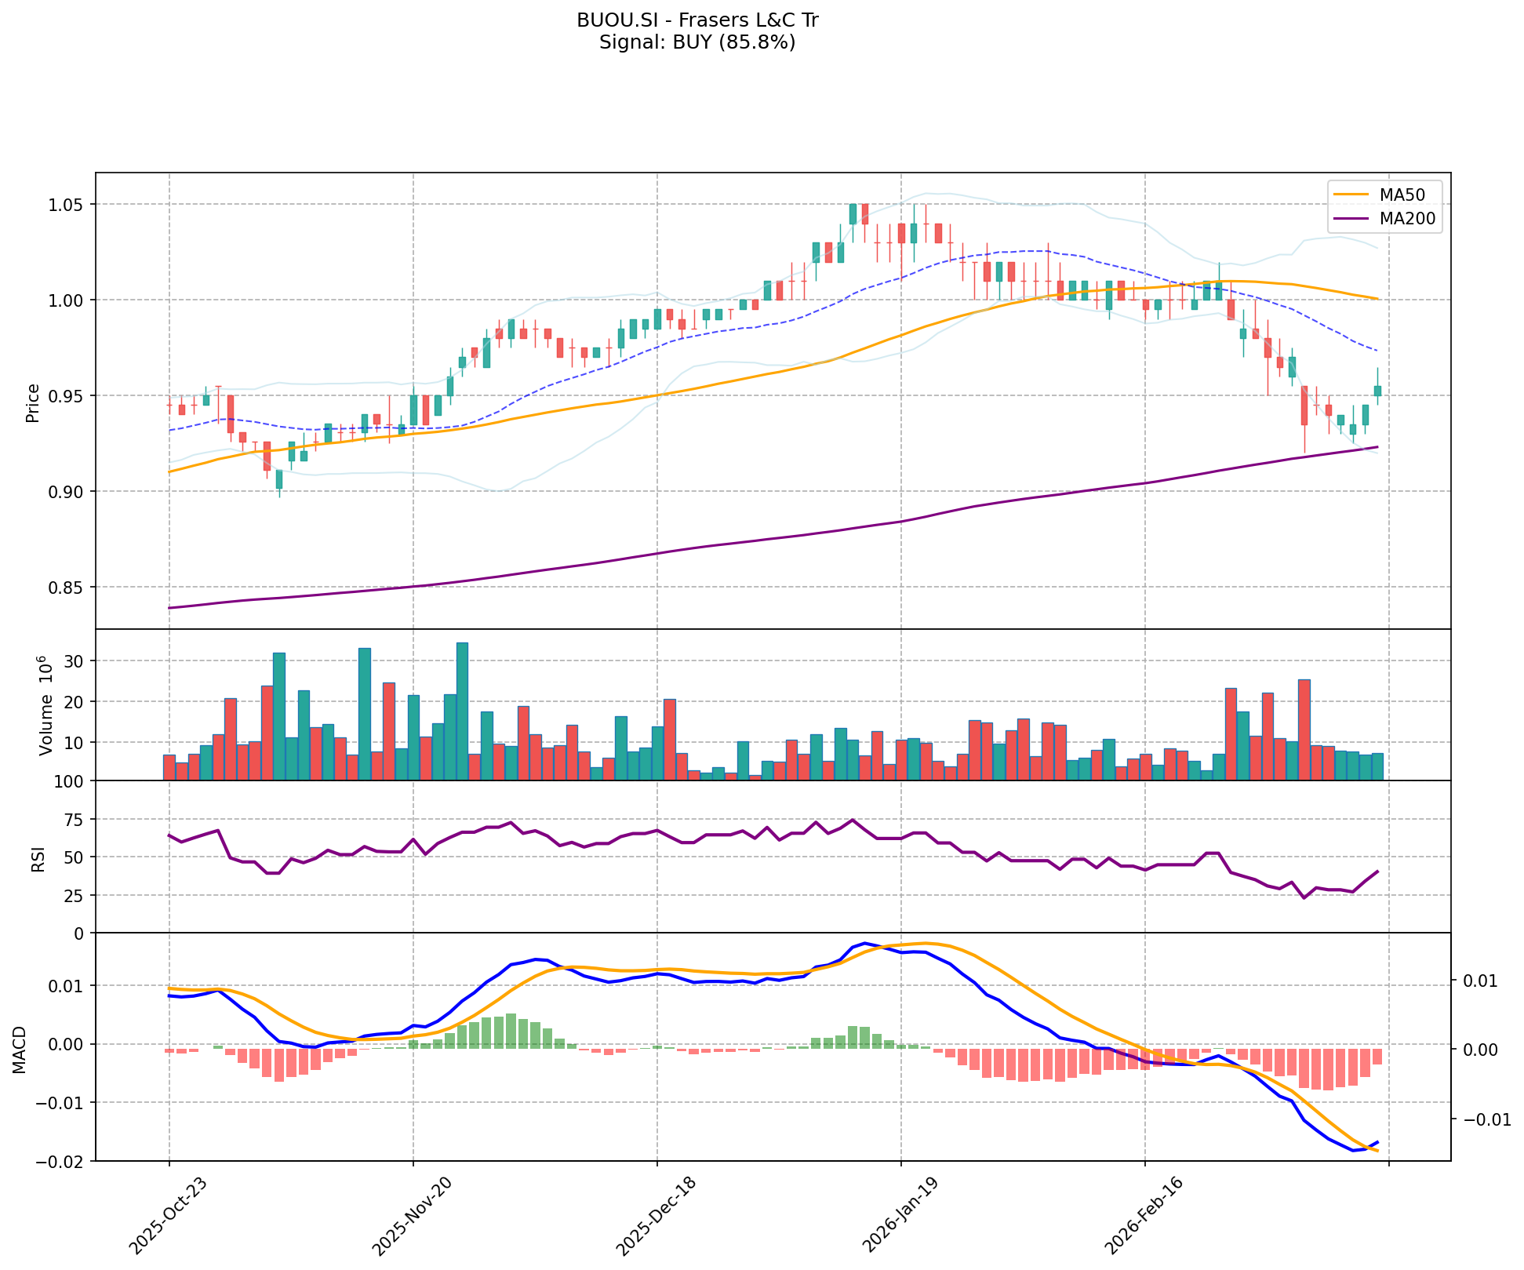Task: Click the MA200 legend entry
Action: click(x=1406, y=219)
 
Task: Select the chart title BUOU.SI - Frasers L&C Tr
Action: click(x=697, y=20)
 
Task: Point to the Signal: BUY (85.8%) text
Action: click(x=697, y=42)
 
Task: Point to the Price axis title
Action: click(x=33, y=403)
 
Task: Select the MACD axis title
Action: click(x=20, y=1050)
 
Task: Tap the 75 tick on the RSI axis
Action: click(x=75, y=820)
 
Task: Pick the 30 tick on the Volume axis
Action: click(x=75, y=661)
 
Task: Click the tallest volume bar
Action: click(x=462, y=711)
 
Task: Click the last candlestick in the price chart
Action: click(x=1377, y=390)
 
